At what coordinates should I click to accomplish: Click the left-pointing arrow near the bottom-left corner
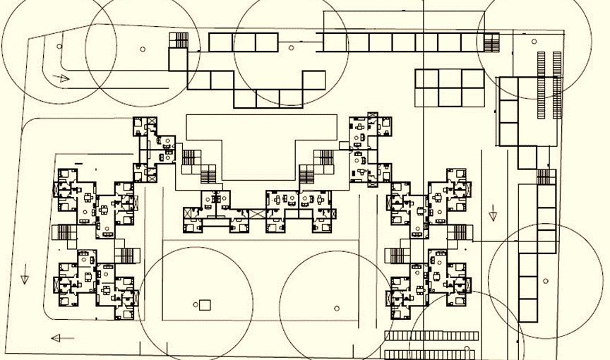click(x=62, y=338)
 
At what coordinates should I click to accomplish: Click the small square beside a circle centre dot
click(x=205, y=305)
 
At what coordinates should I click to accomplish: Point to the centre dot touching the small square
click(x=196, y=305)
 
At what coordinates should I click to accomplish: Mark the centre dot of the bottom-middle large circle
click(x=337, y=308)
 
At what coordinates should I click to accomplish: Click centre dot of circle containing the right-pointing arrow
click(x=59, y=47)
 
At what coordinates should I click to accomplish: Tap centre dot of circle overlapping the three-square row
click(x=291, y=48)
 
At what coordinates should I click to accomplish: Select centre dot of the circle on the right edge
click(x=546, y=280)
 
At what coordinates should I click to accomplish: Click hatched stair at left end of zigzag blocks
click(x=181, y=40)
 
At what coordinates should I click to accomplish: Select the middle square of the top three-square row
click(x=244, y=42)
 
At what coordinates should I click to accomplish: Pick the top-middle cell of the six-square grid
click(x=449, y=78)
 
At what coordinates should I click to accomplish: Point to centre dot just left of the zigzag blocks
click(x=143, y=49)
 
